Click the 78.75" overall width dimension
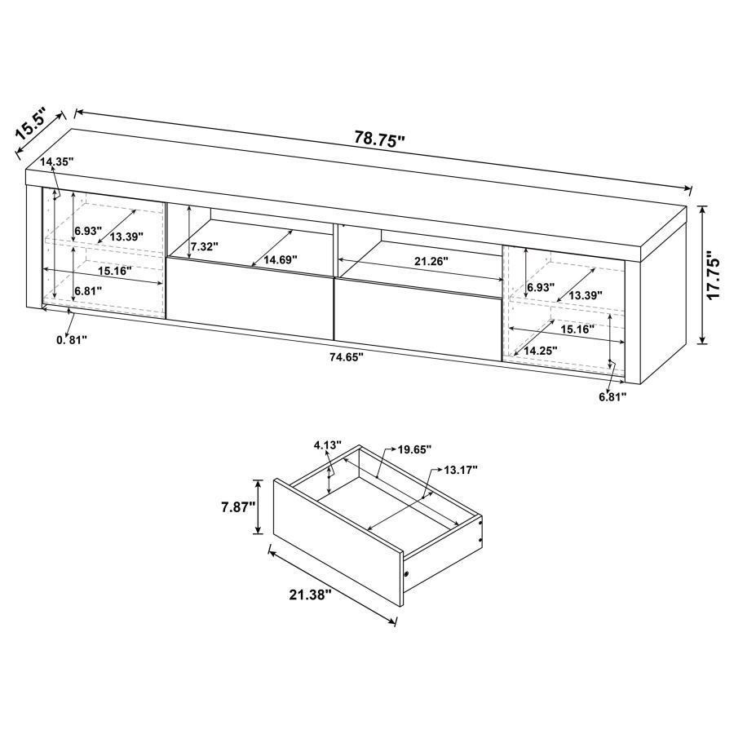pyautogui.click(x=379, y=139)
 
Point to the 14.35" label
pyautogui.click(x=56, y=162)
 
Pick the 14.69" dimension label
pyautogui.click(x=278, y=259)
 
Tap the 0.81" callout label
pyautogui.click(x=70, y=340)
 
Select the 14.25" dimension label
pyautogui.click(x=540, y=351)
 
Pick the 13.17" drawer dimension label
pyautogui.click(x=460, y=470)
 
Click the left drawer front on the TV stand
pyautogui.click(x=250, y=299)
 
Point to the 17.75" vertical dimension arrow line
pyautogui.click(x=701, y=274)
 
